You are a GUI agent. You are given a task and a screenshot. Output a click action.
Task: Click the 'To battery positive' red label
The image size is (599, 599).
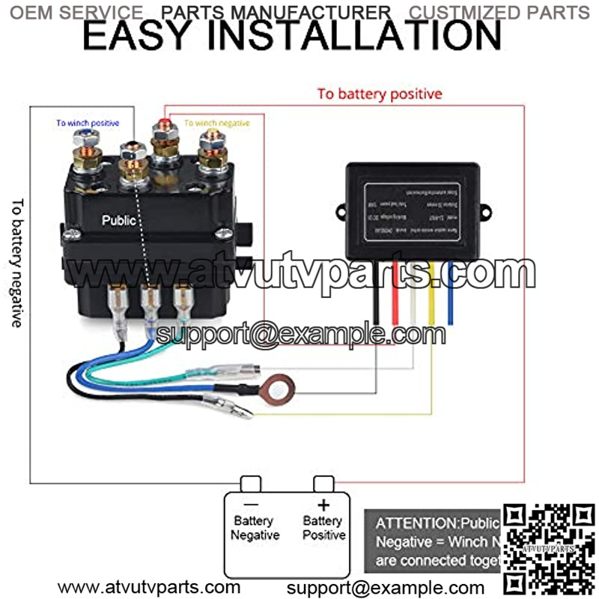[379, 94]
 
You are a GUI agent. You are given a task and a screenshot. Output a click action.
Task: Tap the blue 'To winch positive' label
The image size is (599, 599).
[88, 123]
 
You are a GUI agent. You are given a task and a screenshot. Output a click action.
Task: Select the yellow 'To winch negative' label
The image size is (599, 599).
[217, 123]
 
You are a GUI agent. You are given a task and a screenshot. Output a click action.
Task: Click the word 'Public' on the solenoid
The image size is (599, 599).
[119, 221]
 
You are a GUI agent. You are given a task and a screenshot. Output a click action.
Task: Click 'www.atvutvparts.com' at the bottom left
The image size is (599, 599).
[149, 587]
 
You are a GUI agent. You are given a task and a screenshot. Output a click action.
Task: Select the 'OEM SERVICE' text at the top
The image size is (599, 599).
[77, 12]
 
